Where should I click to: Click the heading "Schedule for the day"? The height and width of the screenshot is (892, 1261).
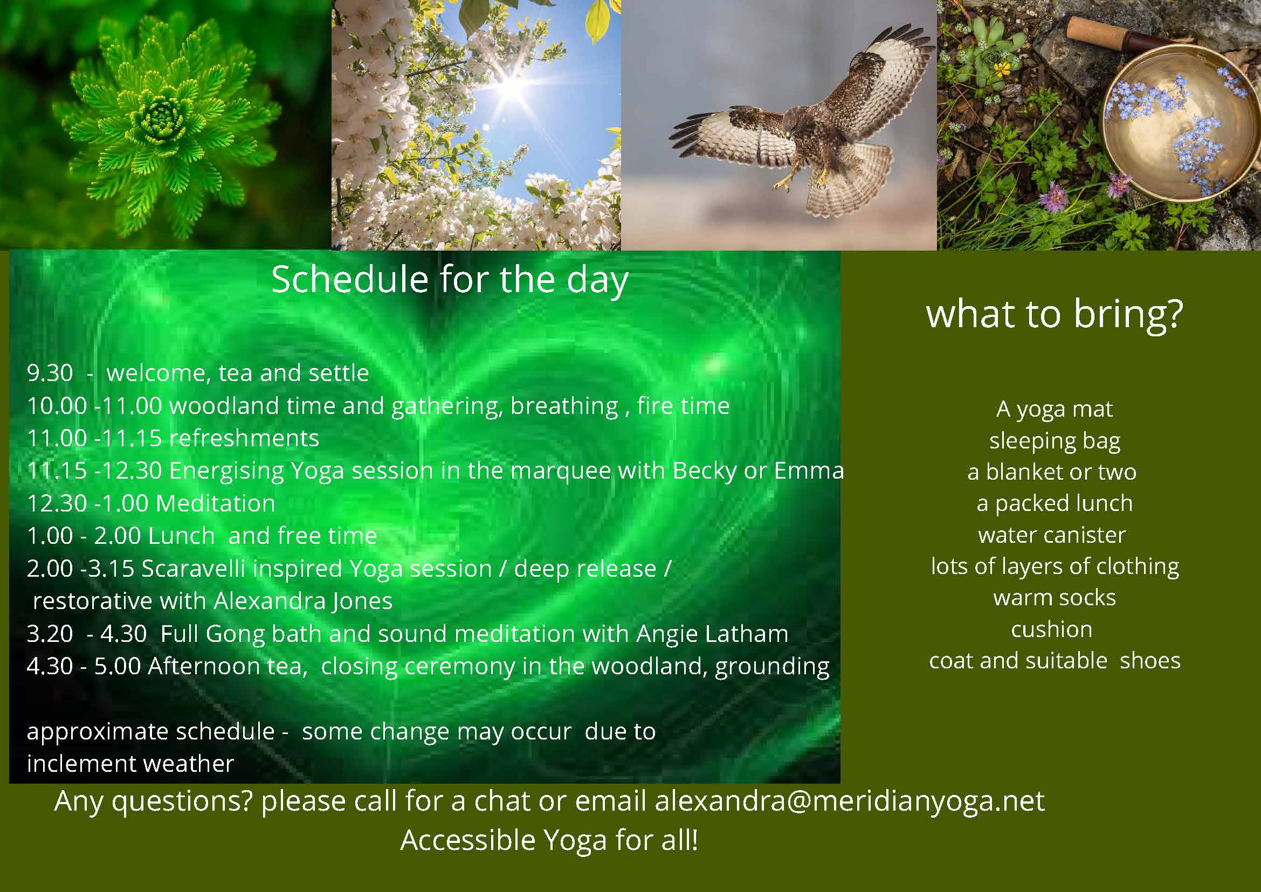point(450,280)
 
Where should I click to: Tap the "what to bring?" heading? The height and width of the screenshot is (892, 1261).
point(1055,315)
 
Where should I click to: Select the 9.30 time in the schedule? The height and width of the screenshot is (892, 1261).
point(50,373)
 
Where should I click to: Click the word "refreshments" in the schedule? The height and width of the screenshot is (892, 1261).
point(244,438)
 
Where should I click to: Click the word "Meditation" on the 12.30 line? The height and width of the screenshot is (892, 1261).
point(216,503)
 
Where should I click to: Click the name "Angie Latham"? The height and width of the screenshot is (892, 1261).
point(713,634)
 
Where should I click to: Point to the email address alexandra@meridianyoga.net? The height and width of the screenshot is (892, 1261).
point(850,801)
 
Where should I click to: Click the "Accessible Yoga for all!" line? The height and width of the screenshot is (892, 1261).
point(549,841)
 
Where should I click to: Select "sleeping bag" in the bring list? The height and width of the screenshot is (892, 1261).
point(1055,441)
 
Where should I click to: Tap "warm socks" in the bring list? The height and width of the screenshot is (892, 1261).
point(1055,598)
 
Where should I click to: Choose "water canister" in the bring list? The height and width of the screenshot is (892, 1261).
point(1052,535)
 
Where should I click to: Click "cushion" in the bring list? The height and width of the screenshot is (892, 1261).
point(1052,630)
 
